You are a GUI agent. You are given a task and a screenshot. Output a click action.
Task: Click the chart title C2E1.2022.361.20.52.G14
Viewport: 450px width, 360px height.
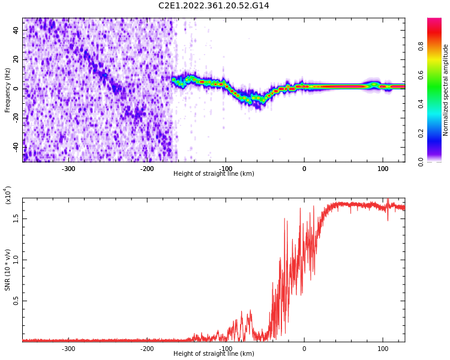tap(214, 6)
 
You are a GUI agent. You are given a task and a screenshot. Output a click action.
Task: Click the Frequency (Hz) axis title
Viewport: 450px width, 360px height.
tap(8, 90)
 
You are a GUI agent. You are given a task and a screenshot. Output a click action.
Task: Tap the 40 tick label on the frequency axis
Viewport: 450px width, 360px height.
tap(16, 31)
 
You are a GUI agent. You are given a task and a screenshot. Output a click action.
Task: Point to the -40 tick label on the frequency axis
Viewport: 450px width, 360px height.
tap(15, 146)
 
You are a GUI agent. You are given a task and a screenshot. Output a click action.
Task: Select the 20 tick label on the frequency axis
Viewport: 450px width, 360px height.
tap(16, 59)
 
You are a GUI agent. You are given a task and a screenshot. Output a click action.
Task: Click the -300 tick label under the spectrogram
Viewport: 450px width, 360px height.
tap(68, 169)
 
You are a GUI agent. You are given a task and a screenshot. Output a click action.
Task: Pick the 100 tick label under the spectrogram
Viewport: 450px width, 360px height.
tap(382, 169)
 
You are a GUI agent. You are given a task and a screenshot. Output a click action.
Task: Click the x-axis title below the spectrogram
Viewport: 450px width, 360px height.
tap(214, 174)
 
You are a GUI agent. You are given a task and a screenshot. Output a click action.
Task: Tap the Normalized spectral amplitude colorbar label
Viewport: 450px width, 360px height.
tap(446, 90)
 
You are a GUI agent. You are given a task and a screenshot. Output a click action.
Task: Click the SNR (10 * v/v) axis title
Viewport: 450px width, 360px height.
tap(8, 270)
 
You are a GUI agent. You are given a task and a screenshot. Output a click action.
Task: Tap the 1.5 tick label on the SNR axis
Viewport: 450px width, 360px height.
tap(16, 217)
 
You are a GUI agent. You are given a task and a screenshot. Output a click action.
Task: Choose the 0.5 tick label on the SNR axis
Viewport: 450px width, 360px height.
tap(16, 301)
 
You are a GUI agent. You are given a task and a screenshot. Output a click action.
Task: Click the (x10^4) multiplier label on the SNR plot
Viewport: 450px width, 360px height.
tap(8, 195)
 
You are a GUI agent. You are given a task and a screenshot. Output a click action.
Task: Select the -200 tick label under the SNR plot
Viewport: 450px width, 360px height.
tap(147, 349)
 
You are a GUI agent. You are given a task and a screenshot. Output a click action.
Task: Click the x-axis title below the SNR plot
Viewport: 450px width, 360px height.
tap(214, 354)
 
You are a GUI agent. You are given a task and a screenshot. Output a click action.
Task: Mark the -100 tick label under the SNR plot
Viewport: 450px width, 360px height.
tap(226, 349)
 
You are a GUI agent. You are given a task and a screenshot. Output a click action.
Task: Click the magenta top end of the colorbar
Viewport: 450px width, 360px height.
tap(434, 21)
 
